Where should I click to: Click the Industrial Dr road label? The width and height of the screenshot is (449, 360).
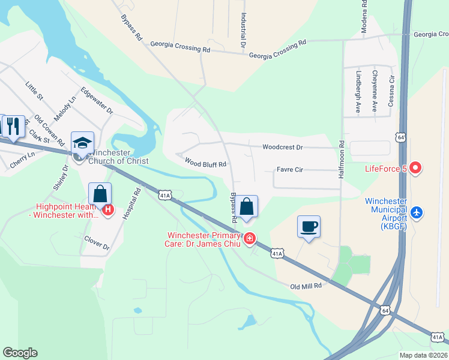tap(244, 31)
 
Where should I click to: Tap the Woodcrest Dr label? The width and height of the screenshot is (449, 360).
tap(283, 147)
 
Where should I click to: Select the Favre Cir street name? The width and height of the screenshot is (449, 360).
tap(290, 170)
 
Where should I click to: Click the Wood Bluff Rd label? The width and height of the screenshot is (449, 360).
tap(205, 163)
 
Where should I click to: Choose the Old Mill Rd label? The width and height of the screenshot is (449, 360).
tap(306, 286)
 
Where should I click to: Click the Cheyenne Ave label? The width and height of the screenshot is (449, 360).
tap(375, 83)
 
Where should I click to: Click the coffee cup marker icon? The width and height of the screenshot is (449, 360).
tap(309, 227)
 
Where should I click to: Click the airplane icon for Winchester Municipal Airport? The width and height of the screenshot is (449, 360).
tap(417, 212)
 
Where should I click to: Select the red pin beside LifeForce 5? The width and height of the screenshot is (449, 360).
tap(414, 169)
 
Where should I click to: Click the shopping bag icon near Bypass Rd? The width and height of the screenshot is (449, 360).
tap(246, 207)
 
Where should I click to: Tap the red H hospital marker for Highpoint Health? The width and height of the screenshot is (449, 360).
tap(108, 209)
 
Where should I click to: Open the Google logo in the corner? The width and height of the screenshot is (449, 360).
tap(20, 353)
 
